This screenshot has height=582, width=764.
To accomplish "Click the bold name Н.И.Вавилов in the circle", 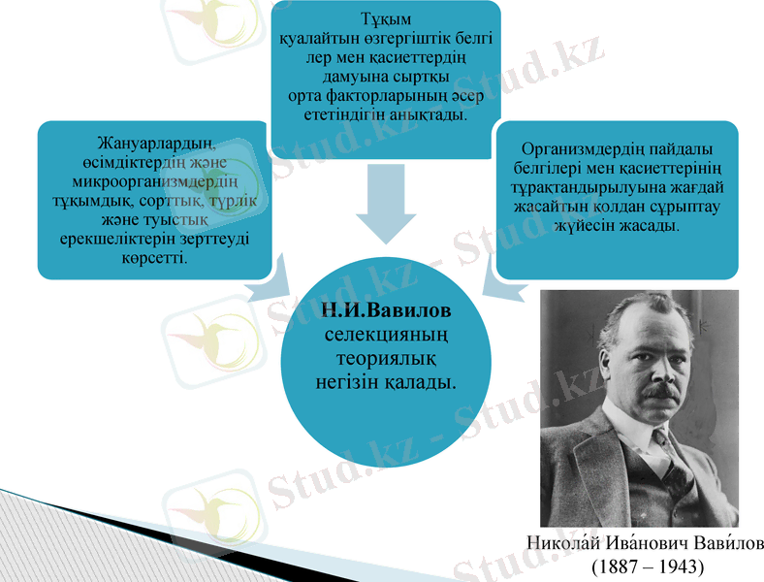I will point(386,313).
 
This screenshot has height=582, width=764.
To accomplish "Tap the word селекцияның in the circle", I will point(386,336).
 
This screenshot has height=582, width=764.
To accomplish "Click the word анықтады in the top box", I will point(429,114).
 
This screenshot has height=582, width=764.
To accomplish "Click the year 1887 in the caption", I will point(617,566).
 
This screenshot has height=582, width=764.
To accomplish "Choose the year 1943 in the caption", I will point(678,566).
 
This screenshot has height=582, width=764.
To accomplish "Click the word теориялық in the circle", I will point(385,359).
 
